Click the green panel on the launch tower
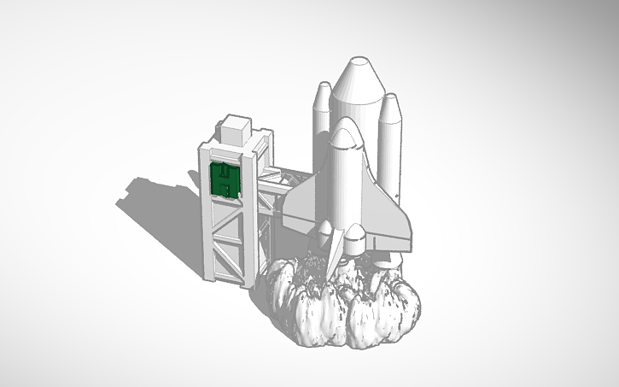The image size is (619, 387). [x=223, y=179]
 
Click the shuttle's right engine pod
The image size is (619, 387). [x=356, y=239]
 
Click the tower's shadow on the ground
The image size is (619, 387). [x=158, y=205]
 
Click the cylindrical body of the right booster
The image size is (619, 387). [x=389, y=150]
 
